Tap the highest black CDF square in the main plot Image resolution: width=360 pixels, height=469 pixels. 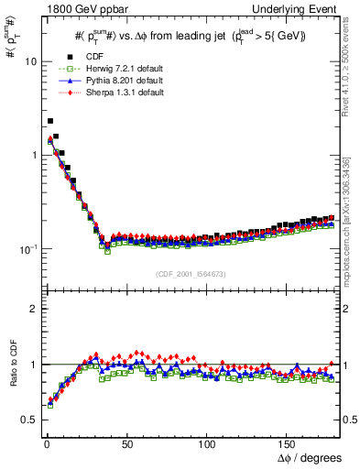pyautogui.click(x=50, y=120)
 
